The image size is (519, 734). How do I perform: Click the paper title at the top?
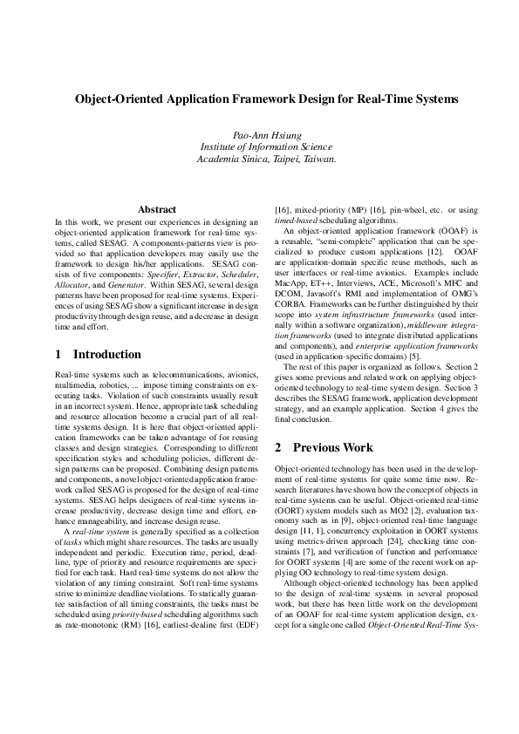pos(259,99)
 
